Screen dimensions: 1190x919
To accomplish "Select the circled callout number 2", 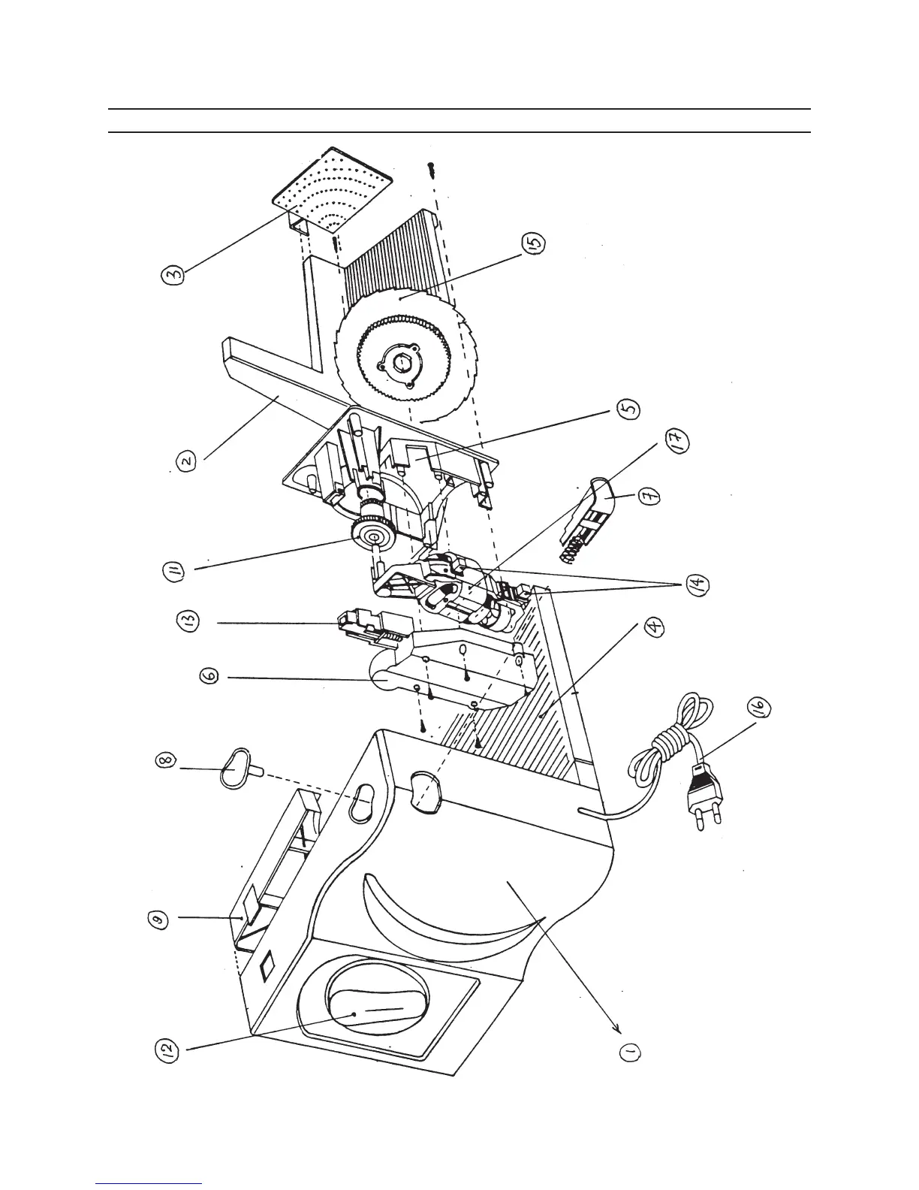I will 187,458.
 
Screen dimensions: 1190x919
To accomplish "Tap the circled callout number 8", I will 167,760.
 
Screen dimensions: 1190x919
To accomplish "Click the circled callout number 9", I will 159,919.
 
